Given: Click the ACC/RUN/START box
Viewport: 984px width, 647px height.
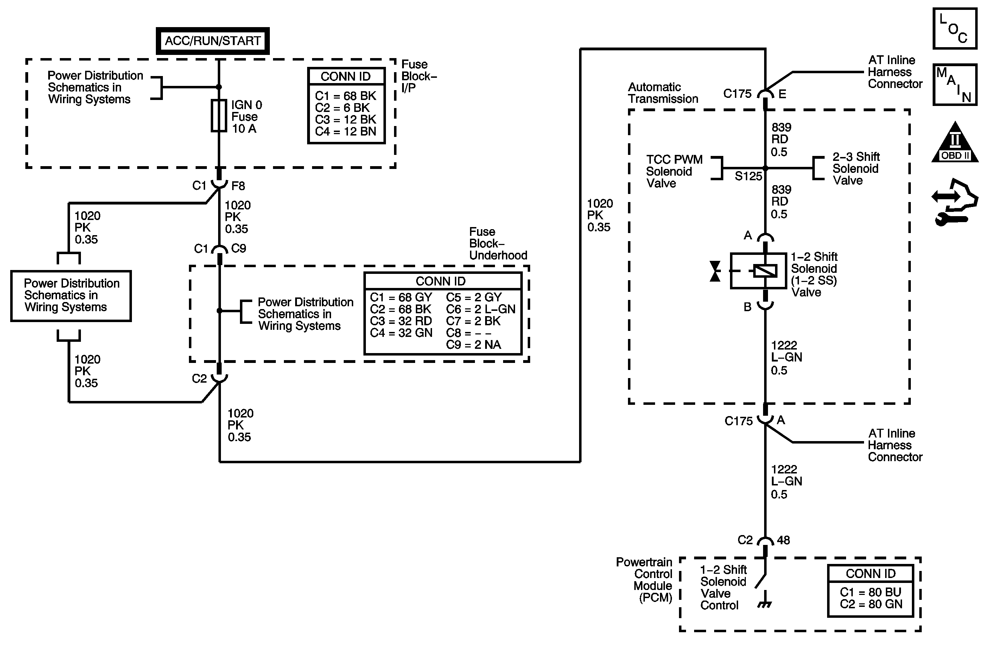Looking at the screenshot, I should point(212,41).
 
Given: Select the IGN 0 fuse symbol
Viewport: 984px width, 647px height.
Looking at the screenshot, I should point(219,116).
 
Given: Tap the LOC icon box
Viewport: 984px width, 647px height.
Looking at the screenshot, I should point(955,29).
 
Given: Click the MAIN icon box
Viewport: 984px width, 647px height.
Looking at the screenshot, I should point(955,85).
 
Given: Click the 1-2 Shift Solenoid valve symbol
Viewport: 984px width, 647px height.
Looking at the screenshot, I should point(758,271).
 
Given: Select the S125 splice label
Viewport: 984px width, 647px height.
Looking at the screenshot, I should point(748,176).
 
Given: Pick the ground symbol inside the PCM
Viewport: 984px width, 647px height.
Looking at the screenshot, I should point(764,605).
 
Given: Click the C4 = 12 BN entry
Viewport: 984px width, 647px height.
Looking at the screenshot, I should point(345,132).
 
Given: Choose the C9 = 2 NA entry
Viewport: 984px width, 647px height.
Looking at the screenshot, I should point(474,345).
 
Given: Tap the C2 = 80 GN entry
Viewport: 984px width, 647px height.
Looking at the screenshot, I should point(871,604).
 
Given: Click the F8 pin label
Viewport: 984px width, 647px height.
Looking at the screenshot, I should point(238,186).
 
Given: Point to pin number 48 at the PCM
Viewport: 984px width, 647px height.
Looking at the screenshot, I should point(783,540).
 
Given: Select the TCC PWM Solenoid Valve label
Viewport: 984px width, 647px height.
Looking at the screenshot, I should point(674,171).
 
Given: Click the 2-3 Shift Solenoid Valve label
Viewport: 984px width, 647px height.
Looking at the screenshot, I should point(856,168).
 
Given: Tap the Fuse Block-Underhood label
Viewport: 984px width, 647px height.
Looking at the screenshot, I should point(498,243).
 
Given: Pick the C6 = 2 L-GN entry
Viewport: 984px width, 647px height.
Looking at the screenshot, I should point(481,309).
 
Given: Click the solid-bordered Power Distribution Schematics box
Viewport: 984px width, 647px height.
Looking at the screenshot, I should point(71,295).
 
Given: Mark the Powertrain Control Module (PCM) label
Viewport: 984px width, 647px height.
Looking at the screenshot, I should point(645,579).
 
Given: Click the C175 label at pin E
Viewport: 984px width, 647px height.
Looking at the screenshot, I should point(737,94).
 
